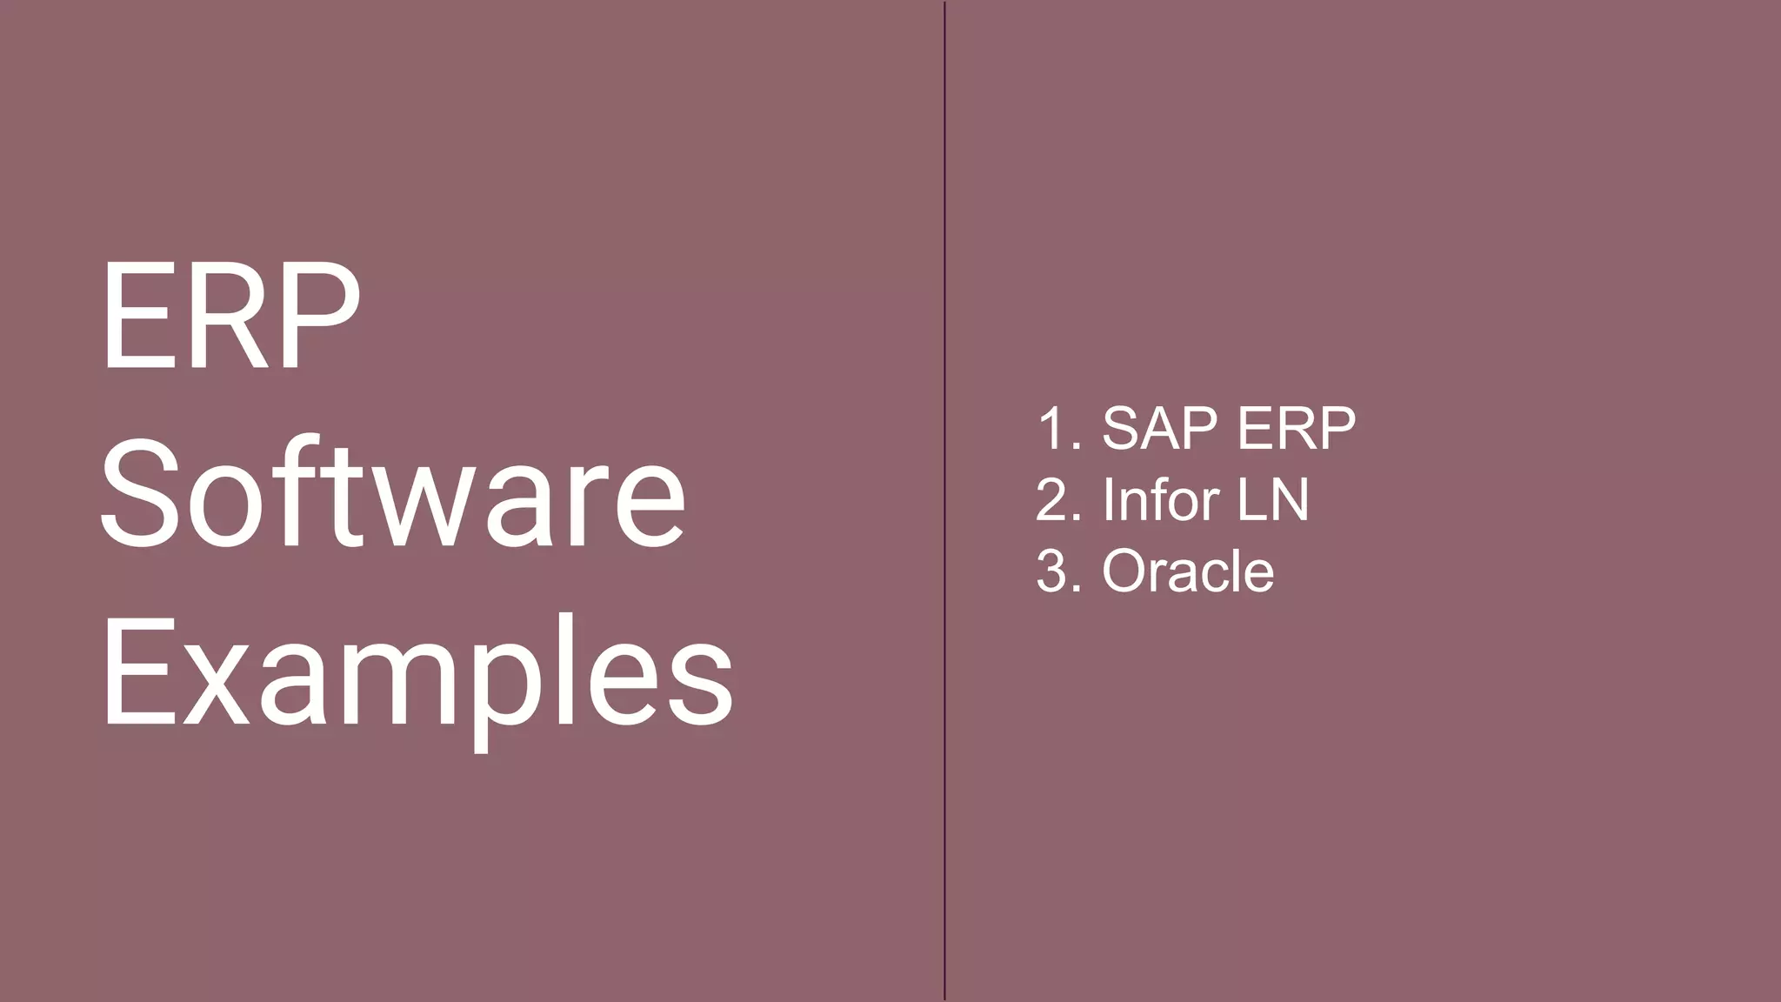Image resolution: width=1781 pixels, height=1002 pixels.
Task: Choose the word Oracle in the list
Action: click(1188, 571)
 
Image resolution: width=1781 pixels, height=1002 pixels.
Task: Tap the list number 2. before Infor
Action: click(1059, 499)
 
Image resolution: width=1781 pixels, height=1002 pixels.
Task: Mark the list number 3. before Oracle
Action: click(1059, 571)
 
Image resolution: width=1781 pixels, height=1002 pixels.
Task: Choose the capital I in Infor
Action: click(1108, 499)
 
